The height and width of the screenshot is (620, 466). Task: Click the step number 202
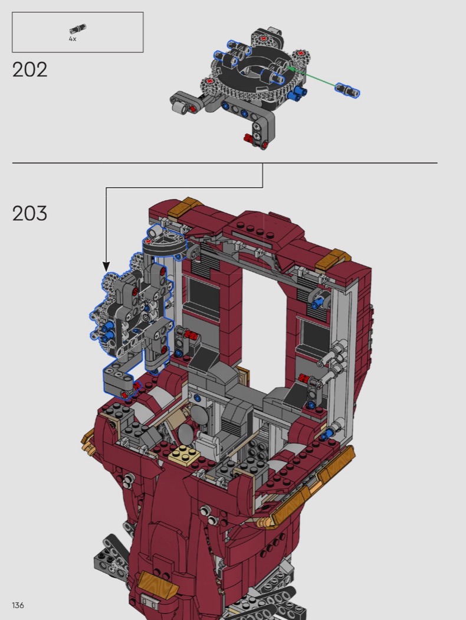tap(29, 70)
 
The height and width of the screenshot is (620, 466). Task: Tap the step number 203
tap(29, 214)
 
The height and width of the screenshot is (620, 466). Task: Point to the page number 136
tap(18, 605)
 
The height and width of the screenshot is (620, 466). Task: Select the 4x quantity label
tap(73, 39)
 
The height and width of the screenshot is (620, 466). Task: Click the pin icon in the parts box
tap(77, 29)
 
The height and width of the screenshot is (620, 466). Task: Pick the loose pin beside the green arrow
tap(347, 90)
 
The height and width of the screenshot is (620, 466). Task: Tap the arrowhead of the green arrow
tap(290, 69)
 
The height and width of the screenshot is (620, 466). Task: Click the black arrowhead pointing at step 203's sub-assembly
tap(106, 266)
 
